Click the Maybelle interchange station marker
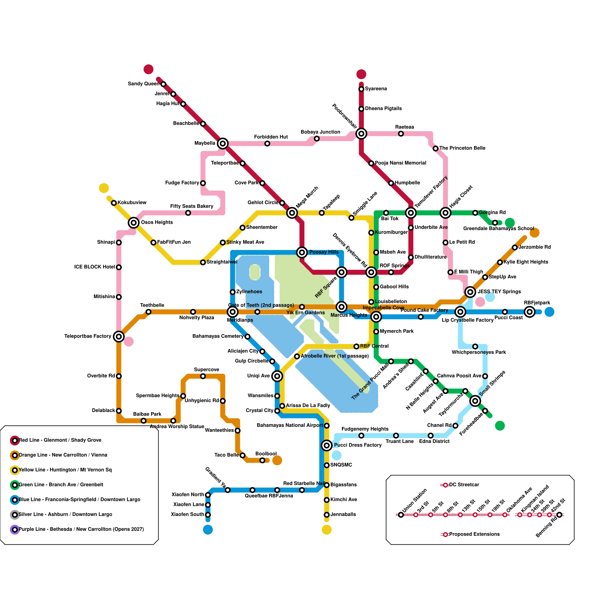click(x=223, y=143)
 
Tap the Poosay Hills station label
click(x=324, y=252)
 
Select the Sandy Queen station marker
click(x=163, y=84)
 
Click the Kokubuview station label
click(x=132, y=203)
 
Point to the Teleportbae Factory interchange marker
click(x=119, y=337)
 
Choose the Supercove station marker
click(x=203, y=376)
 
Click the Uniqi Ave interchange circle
click(x=277, y=376)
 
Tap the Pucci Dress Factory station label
click(x=358, y=445)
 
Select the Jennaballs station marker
click(x=327, y=515)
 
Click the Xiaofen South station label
click(x=187, y=515)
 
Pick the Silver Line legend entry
click(x=65, y=515)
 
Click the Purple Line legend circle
click(x=15, y=529)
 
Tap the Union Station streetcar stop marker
click(x=401, y=515)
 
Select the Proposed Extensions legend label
click(x=474, y=535)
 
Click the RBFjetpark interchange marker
click(x=530, y=312)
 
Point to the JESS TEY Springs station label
click(x=499, y=292)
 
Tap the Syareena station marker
click(x=361, y=89)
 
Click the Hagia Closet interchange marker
click(x=446, y=213)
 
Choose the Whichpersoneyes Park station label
click(x=479, y=352)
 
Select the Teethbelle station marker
click(x=148, y=312)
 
